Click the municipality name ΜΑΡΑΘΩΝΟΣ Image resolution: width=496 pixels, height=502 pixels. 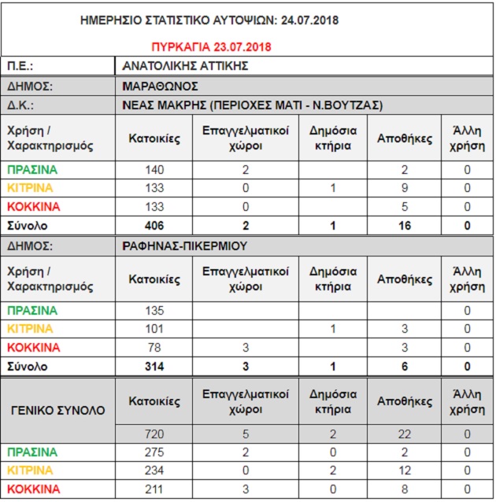tap(160, 87)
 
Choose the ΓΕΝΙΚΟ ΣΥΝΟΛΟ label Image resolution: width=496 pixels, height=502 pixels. tap(59, 410)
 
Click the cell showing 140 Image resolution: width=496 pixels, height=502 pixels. tap(154, 169)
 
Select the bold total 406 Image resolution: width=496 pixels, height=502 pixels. tap(154, 226)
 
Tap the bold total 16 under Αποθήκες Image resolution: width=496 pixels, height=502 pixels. tap(405, 226)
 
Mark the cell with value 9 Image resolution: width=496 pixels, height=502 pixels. tap(405, 188)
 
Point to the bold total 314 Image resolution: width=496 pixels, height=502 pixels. tap(154, 367)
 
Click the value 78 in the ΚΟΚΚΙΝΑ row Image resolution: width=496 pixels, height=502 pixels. tap(154, 348)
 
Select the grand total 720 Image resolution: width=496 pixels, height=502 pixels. tap(154, 434)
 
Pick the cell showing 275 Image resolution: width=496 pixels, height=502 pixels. tap(154, 452)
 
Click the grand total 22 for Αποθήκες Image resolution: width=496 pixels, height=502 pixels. tap(405, 434)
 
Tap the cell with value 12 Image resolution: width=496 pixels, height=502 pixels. tap(405, 471)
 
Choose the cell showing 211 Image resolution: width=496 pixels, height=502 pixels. tap(154, 489)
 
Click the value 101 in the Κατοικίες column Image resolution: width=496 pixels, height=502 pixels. tap(154, 329)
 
